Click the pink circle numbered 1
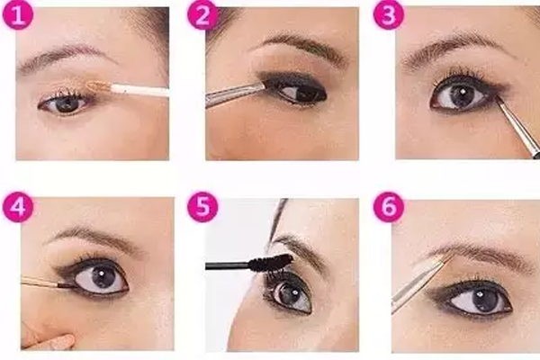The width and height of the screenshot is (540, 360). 18,14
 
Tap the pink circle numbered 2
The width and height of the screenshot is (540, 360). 202,14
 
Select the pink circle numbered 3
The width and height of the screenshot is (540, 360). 389,14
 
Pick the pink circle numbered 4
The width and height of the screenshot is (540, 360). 18,207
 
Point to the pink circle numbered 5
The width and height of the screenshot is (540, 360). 202,207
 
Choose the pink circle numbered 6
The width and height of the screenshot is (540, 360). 389,207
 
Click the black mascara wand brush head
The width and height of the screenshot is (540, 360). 271,262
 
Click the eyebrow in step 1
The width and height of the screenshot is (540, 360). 66,57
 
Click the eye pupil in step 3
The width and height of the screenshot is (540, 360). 462,94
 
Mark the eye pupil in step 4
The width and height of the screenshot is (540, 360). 103,275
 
